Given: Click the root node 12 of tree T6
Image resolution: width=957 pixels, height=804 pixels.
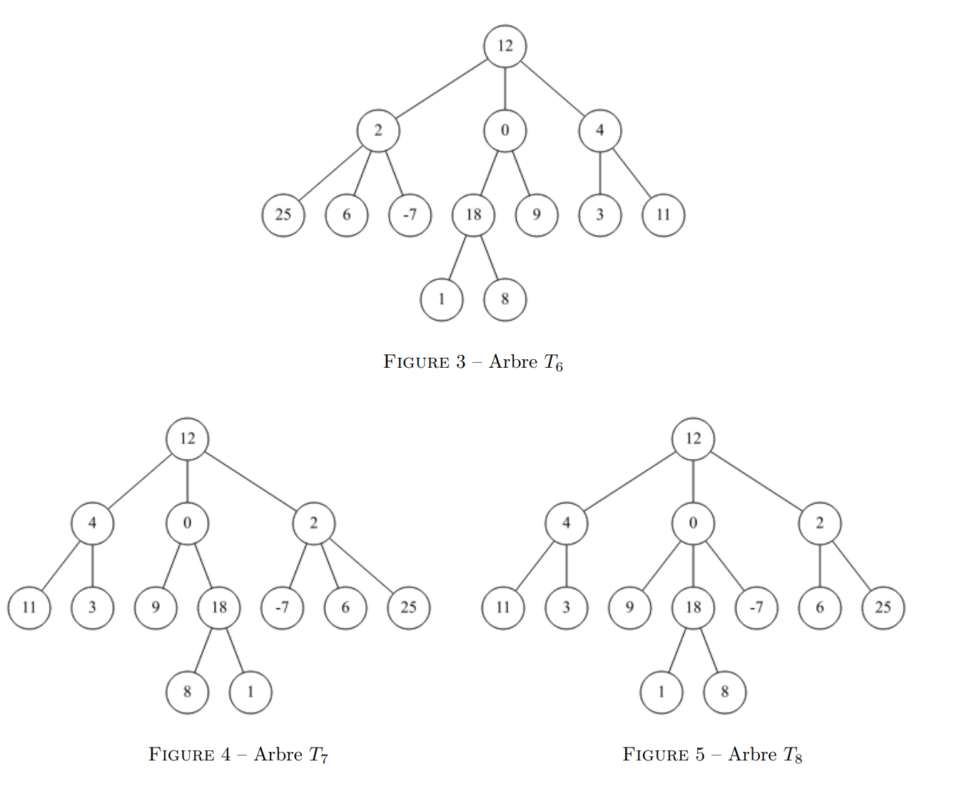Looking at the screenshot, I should (505, 46).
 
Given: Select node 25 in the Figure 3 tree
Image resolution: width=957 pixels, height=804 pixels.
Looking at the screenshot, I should (283, 215).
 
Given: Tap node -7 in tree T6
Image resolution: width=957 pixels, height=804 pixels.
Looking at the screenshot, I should (410, 215).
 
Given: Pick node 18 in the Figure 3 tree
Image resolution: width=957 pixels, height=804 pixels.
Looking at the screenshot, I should (474, 215).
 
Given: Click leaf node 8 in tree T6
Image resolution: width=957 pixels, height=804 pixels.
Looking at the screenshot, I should (505, 299).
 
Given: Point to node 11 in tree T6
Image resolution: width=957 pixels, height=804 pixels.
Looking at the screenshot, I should (664, 215).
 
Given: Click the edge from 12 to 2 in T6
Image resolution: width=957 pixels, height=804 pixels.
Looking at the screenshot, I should (442, 89).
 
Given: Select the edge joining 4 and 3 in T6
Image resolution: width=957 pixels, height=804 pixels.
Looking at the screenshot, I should (600, 173).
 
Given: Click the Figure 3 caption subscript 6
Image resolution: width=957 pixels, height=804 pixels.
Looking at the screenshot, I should (559, 367).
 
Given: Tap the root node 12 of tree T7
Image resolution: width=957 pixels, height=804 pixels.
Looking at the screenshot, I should (188, 439).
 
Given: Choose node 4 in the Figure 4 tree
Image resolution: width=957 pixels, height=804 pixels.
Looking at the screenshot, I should (92, 523).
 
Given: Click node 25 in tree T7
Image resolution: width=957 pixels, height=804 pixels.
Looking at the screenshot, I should (408, 608).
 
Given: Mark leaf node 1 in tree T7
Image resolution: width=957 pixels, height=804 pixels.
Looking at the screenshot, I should (250, 692).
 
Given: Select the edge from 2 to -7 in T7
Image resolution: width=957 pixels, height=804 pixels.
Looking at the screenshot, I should (298, 566).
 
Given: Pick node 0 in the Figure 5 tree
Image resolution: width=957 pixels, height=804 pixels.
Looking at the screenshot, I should (693, 523).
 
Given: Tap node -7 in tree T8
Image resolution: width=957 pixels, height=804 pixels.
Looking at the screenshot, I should (756, 608).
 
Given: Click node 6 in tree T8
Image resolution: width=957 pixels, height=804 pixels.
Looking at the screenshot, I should (819, 608).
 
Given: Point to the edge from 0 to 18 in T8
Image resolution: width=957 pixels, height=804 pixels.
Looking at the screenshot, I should (693, 566).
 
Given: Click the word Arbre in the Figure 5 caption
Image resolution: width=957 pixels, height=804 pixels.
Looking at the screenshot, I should (752, 755).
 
